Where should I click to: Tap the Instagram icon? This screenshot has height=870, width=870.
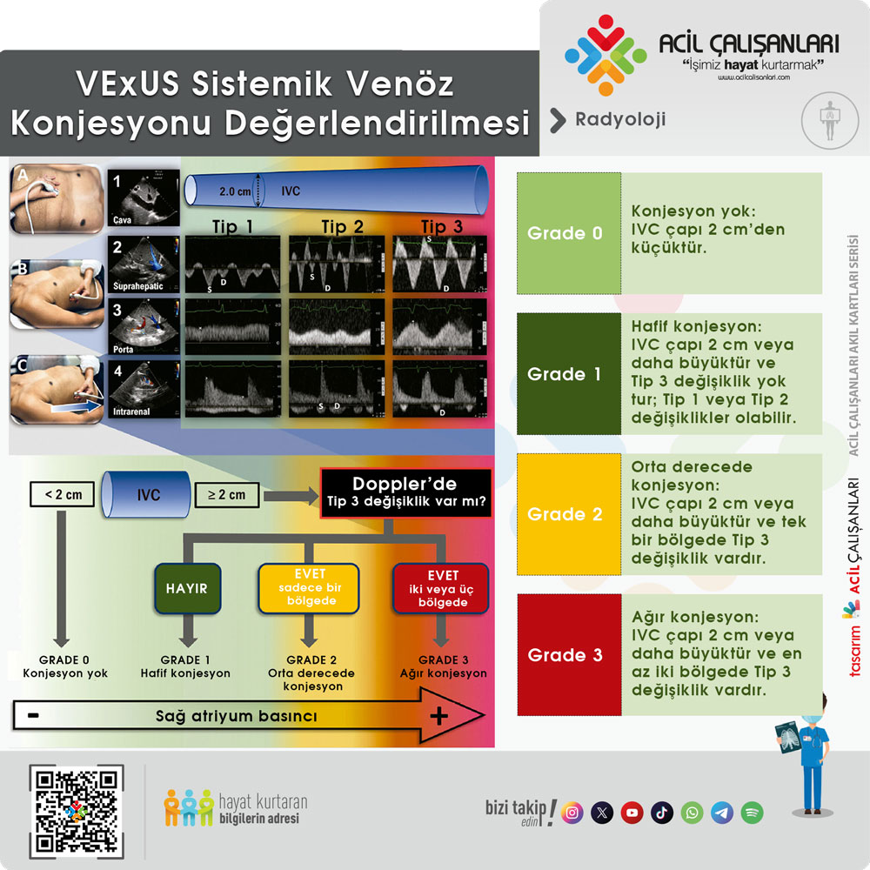click(572, 813)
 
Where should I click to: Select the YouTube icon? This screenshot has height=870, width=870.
click(632, 813)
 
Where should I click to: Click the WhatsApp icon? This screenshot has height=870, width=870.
click(693, 813)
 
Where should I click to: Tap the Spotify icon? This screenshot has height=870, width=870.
click(753, 813)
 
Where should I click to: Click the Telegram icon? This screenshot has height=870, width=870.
click(722, 813)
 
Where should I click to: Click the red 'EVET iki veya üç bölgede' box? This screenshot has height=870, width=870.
click(442, 589)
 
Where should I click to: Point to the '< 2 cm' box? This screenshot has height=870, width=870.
click(62, 495)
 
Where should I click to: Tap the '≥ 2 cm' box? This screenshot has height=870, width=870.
click(225, 495)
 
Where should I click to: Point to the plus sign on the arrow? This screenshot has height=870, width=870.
click(439, 716)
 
